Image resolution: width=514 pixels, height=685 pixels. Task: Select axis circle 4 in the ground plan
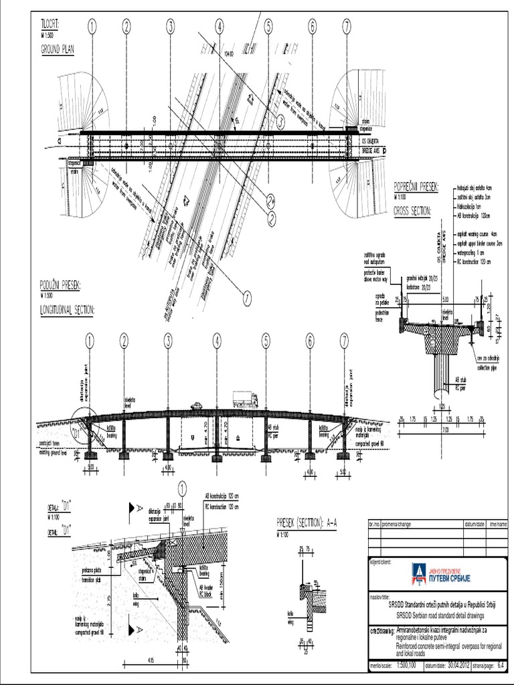tap(219, 27)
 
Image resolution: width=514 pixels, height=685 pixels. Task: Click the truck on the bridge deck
tap(245, 399)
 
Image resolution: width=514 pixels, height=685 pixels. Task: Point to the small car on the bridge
tap(197, 405)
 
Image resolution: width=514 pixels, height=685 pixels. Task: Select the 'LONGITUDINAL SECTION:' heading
tap(67, 309)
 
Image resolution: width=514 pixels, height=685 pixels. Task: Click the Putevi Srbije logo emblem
tap(420, 573)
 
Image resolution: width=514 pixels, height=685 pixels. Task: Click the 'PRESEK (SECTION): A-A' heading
tap(306, 523)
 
